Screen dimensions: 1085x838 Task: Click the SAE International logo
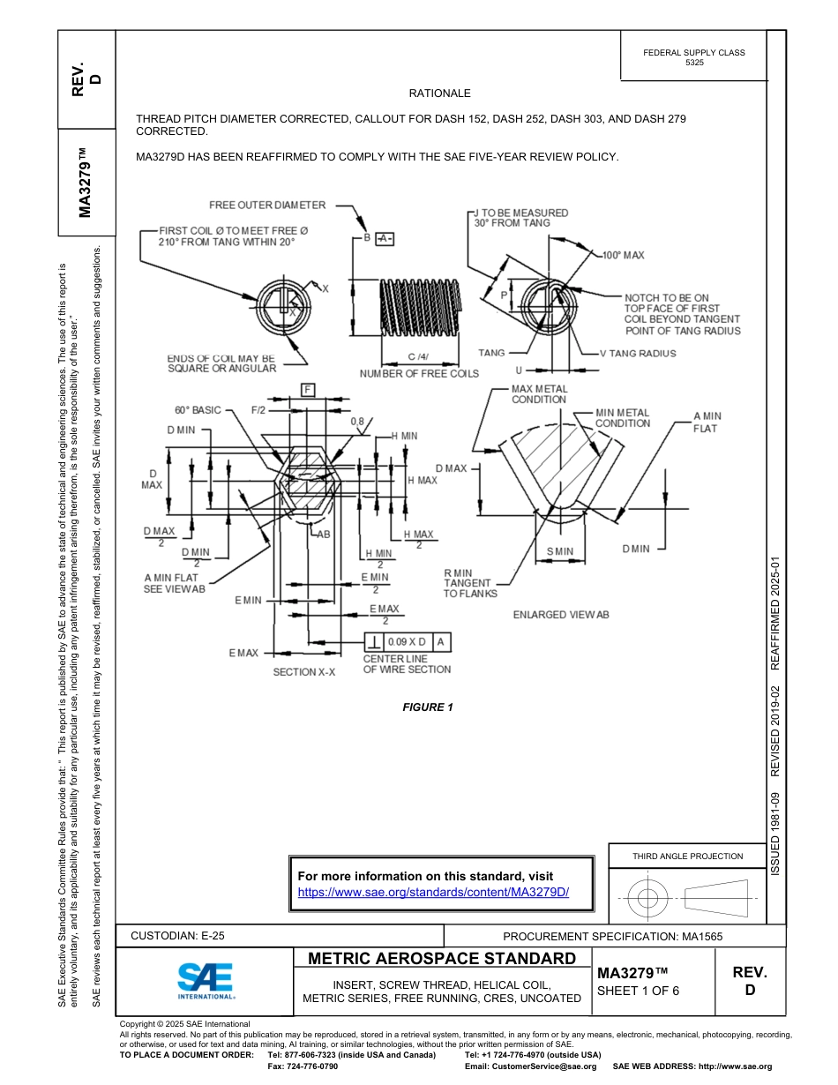(206, 979)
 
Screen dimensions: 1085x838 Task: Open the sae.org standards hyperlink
(433, 892)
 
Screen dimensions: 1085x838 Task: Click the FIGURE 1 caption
(428, 707)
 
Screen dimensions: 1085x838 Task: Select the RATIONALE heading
(439, 94)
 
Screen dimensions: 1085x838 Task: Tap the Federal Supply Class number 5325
(694, 64)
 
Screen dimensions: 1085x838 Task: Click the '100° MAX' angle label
(623, 255)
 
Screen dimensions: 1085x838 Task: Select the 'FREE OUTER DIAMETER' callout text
(267, 205)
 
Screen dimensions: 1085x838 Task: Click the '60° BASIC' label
(198, 410)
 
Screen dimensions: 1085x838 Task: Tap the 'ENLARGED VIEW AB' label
(561, 614)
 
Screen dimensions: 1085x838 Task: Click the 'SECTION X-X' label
(303, 672)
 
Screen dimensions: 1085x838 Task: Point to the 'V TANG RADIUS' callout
(637, 353)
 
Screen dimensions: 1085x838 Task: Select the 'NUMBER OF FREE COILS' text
(419, 373)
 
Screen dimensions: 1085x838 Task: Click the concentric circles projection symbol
(648, 899)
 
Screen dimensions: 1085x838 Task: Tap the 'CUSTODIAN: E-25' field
(183, 936)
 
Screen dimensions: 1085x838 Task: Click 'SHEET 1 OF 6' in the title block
(638, 990)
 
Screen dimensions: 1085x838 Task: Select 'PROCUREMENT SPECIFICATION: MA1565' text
(613, 936)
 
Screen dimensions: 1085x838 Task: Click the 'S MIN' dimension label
(559, 551)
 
